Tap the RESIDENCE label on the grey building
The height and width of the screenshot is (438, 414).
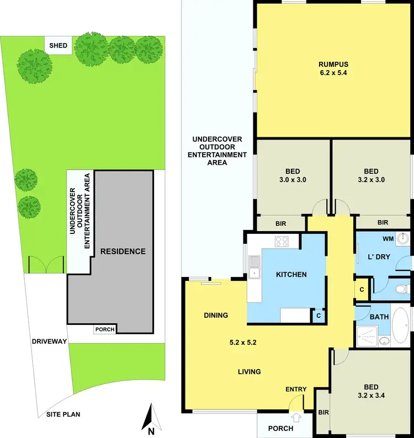pyautogui.click(x=123, y=252)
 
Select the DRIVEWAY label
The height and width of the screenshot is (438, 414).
pyautogui.click(x=49, y=341)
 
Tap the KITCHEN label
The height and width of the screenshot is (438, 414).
pyautogui.click(x=291, y=274)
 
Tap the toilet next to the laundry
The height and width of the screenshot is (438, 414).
pyautogui.click(x=403, y=289)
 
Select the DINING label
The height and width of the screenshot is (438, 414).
pyautogui.click(x=216, y=316)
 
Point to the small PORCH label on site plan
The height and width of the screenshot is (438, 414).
pyautogui.click(x=105, y=329)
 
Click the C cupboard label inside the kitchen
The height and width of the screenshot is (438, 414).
pyautogui.click(x=318, y=316)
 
